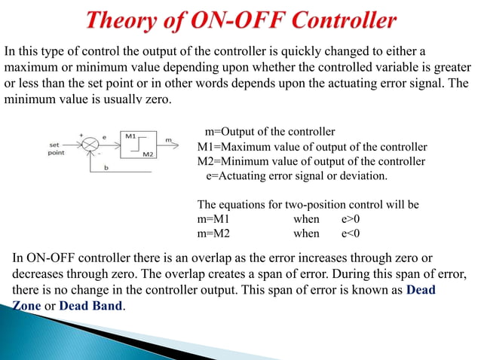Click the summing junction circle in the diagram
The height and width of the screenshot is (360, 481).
tap(91, 142)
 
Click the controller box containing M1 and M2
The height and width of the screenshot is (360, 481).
tap(139, 145)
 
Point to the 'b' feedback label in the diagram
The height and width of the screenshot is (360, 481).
tap(106, 168)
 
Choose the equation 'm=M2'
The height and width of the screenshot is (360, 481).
tap(213, 233)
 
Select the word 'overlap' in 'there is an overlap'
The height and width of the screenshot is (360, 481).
tap(207, 260)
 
